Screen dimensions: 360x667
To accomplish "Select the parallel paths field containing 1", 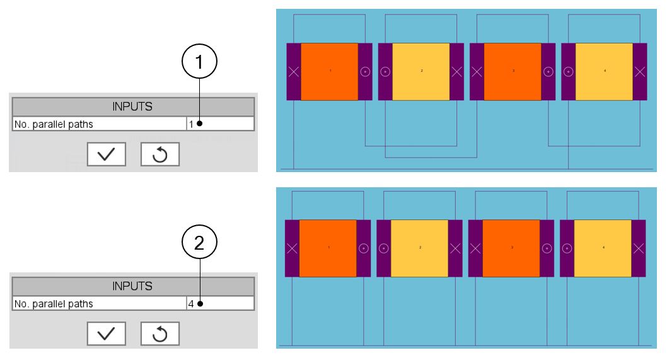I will (x=220, y=124).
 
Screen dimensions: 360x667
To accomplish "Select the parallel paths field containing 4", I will (x=220, y=303).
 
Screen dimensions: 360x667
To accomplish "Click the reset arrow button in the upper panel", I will (x=159, y=153).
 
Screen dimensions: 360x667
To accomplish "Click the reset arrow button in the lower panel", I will (x=159, y=332).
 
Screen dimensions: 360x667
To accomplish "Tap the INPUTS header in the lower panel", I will (x=132, y=286).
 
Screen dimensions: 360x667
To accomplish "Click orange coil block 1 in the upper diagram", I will (x=329, y=71).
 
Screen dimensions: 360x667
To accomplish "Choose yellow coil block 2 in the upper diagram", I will (x=420, y=71).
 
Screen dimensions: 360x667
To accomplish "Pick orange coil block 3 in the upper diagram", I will (x=512, y=71).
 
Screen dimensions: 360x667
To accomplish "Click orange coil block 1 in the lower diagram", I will (x=328, y=248).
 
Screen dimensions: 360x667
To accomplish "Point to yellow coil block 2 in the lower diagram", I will (x=419, y=248).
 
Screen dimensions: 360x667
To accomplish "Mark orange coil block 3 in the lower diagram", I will (x=511, y=248).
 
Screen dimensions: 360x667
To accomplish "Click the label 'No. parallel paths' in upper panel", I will (x=54, y=124).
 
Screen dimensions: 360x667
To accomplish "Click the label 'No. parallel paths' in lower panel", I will (x=54, y=303).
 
